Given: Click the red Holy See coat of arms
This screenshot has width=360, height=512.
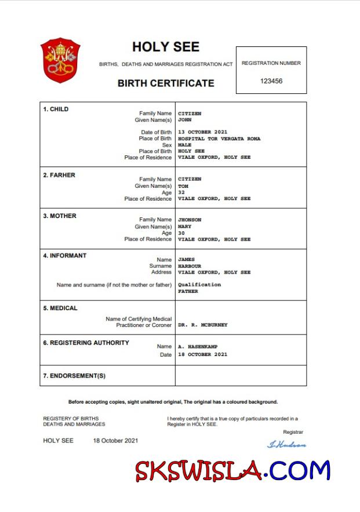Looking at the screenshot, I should (60, 60).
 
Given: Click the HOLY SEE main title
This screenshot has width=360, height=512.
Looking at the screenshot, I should (165, 47).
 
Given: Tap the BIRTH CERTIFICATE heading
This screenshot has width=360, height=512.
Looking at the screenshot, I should (166, 83).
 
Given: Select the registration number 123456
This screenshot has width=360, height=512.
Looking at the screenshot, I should (271, 81).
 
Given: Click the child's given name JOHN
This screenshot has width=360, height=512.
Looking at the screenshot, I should (184, 120).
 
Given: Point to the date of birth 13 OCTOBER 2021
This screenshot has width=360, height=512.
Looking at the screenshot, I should (202, 132).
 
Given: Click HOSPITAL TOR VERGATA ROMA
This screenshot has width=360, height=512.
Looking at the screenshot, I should (219, 139).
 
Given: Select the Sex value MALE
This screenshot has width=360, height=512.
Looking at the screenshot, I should (184, 145).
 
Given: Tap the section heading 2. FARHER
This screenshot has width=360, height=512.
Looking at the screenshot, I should (59, 175).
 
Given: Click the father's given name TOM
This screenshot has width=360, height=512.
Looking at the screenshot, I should (183, 186).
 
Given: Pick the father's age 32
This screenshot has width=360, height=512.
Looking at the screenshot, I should (181, 193).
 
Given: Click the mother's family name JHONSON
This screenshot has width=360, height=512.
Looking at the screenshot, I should (191, 220).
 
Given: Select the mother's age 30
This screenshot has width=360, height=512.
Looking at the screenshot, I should (181, 233).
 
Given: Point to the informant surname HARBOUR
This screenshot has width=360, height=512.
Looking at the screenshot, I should (190, 266).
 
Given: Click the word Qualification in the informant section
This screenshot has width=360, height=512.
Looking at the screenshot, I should (199, 285).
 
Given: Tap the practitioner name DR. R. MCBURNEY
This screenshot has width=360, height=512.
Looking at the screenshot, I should (202, 325).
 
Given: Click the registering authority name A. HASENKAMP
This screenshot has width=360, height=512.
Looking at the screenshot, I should (198, 347).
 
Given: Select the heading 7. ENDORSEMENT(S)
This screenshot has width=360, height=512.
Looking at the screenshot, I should (74, 376).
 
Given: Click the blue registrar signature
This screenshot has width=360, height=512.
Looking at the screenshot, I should (286, 445).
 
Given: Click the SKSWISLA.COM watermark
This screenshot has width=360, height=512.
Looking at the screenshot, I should (232, 471).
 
